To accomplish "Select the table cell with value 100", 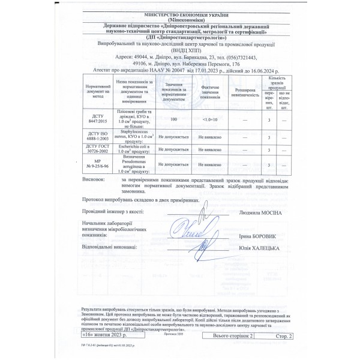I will tap(173, 121).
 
